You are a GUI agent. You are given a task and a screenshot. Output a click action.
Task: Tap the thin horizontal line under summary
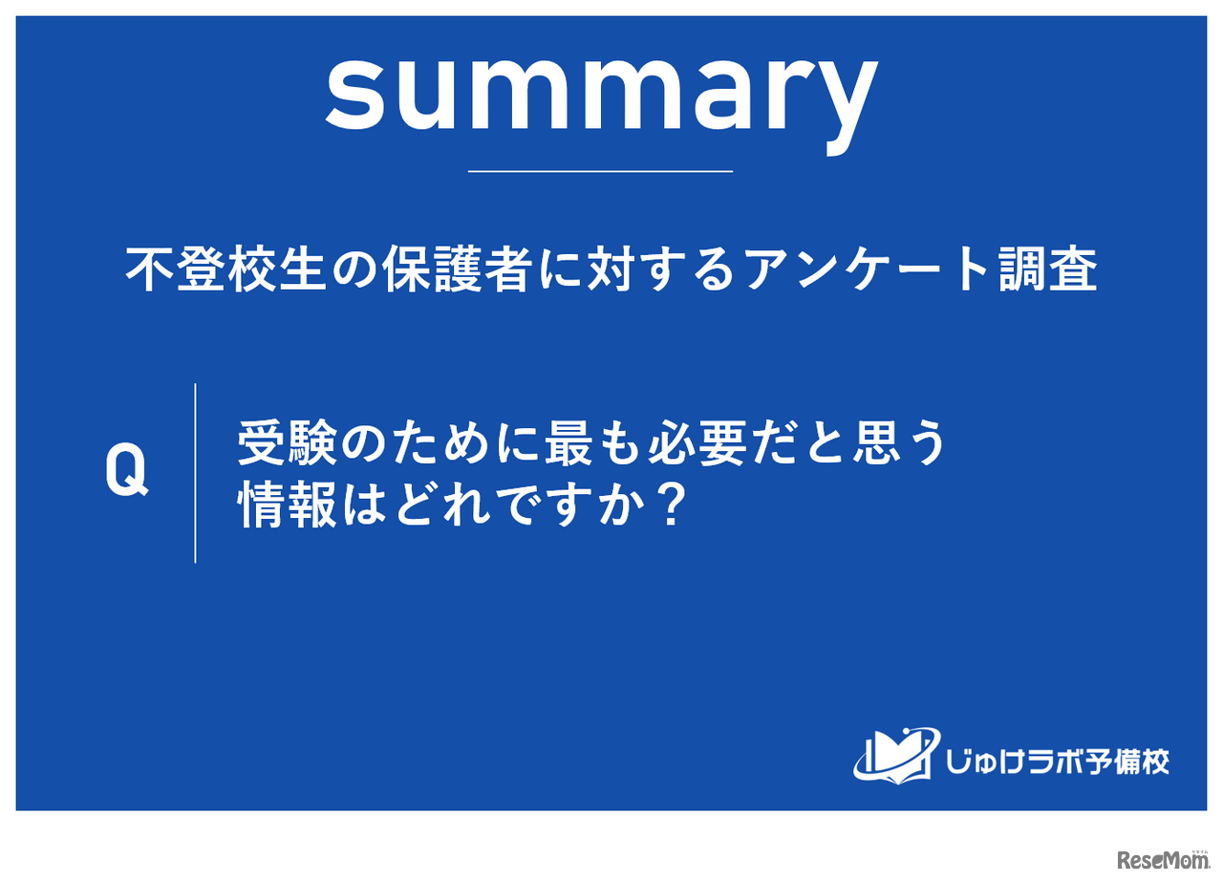point(600,171)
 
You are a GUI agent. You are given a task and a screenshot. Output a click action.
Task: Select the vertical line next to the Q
point(196,473)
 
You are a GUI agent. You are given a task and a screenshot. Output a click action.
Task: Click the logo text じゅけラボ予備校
point(1055,761)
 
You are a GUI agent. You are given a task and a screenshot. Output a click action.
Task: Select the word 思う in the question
point(898,444)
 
